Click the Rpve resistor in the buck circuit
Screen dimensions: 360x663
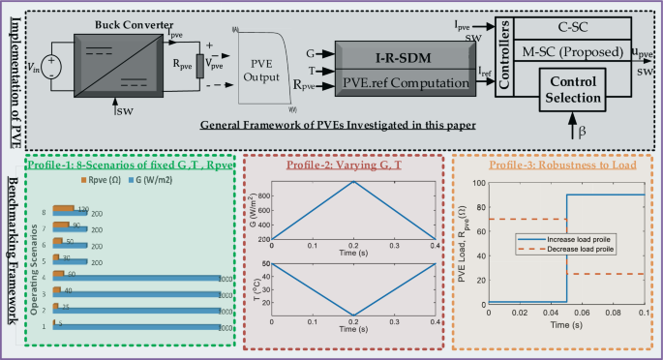point(198,66)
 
